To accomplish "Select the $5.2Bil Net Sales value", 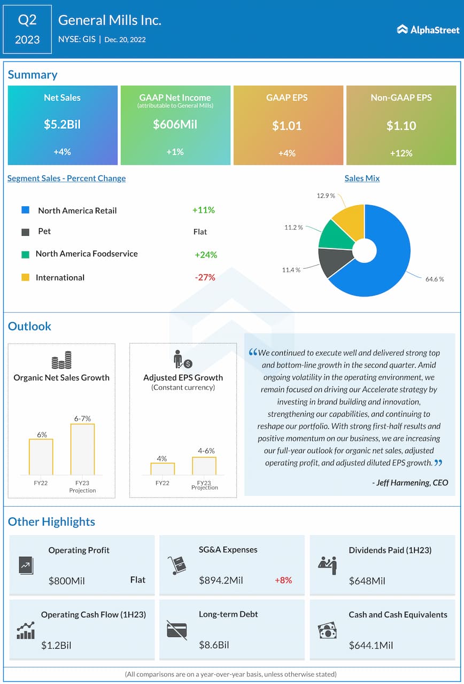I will point(62,125).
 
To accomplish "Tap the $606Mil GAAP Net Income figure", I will point(175,125).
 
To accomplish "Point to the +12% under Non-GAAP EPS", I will point(401,153).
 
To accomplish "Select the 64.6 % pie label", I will point(435,279).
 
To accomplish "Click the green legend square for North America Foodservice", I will point(25,254).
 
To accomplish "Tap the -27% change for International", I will point(205,277).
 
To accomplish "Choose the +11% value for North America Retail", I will point(203,210).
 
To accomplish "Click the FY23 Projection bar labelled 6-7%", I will point(82,449).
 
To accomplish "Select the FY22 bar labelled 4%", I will point(162,469).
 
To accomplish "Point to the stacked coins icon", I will point(61,360).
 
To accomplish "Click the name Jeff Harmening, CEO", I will point(409,483).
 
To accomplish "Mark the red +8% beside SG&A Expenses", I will point(283,580).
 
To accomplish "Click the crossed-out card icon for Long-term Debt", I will point(176,629).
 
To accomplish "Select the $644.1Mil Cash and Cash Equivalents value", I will point(371,645).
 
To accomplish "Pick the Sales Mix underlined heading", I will point(362,178).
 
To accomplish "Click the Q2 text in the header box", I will point(27,20).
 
